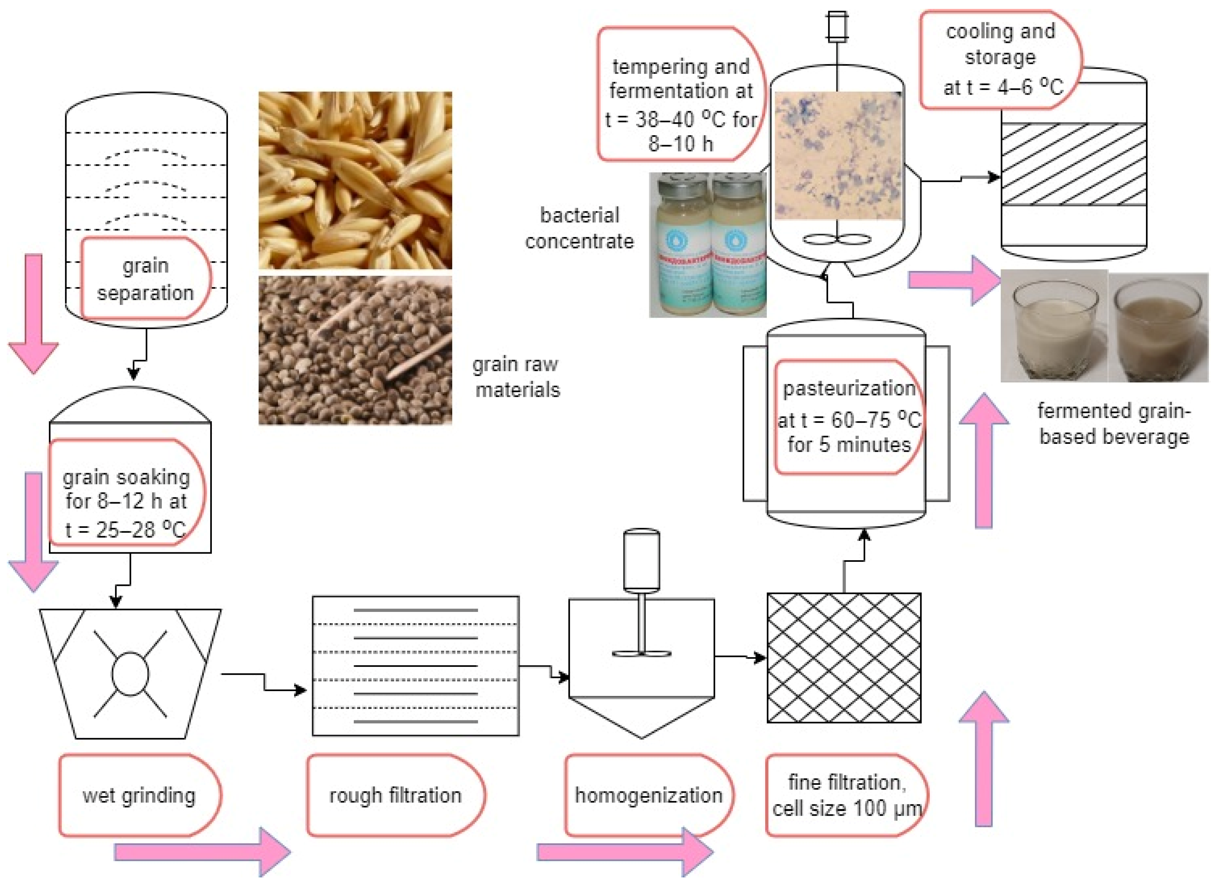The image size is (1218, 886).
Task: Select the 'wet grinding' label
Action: tap(139, 795)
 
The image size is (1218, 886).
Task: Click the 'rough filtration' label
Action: tap(395, 795)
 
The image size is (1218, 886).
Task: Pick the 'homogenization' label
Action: tap(648, 795)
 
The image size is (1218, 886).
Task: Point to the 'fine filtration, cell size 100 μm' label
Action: tap(846, 795)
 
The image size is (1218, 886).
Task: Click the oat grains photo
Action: tap(355, 180)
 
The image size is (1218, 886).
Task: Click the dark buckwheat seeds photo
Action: tap(355, 350)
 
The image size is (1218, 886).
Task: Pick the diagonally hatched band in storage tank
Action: tap(1074, 164)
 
